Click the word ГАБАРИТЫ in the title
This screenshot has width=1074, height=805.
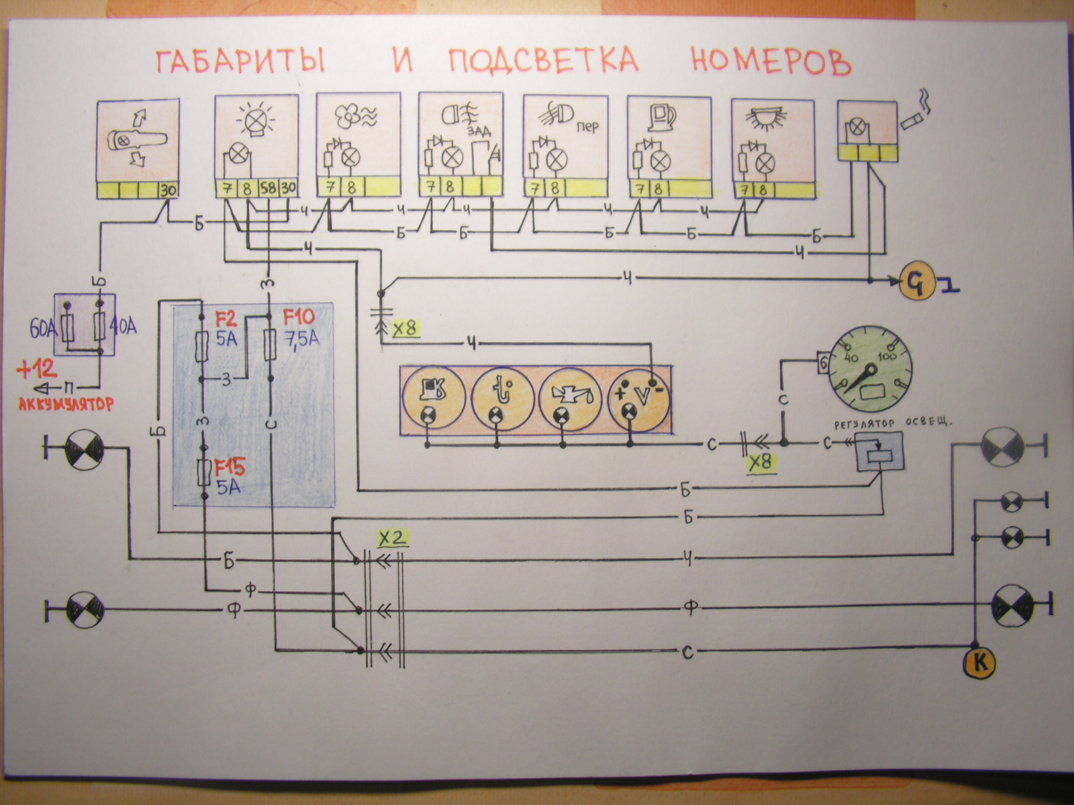point(240,61)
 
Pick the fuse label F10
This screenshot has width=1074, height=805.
point(298,317)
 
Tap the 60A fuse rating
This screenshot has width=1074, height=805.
point(44,329)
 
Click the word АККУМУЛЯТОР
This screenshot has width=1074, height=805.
point(65,404)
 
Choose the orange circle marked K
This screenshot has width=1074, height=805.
point(980,664)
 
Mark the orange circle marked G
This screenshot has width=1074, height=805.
point(917,287)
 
